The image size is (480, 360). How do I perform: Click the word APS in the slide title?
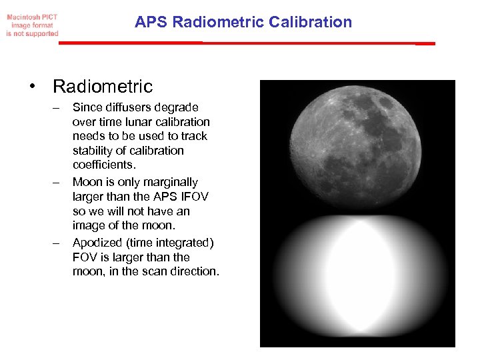point(151,22)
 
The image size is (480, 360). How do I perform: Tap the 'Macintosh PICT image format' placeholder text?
point(32,25)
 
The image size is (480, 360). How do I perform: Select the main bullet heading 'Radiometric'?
point(103,87)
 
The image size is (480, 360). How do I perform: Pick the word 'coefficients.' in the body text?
point(103,165)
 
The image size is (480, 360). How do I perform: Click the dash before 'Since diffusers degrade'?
point(57,107)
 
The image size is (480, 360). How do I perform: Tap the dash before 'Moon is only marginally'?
point(57,182)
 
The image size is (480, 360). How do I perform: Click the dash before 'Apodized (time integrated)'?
point(57,243)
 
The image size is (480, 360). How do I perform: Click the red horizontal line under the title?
point(247,43)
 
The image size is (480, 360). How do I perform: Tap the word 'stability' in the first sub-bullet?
point(93,151)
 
